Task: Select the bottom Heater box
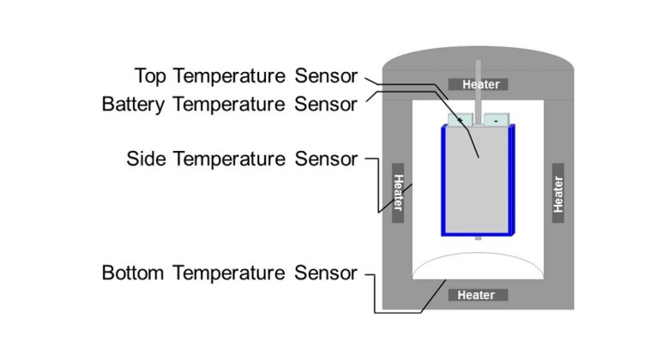476,295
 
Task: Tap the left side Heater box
398,192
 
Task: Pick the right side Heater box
558,193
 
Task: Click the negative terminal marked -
497,121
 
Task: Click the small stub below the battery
478,238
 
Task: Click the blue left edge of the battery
444,180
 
